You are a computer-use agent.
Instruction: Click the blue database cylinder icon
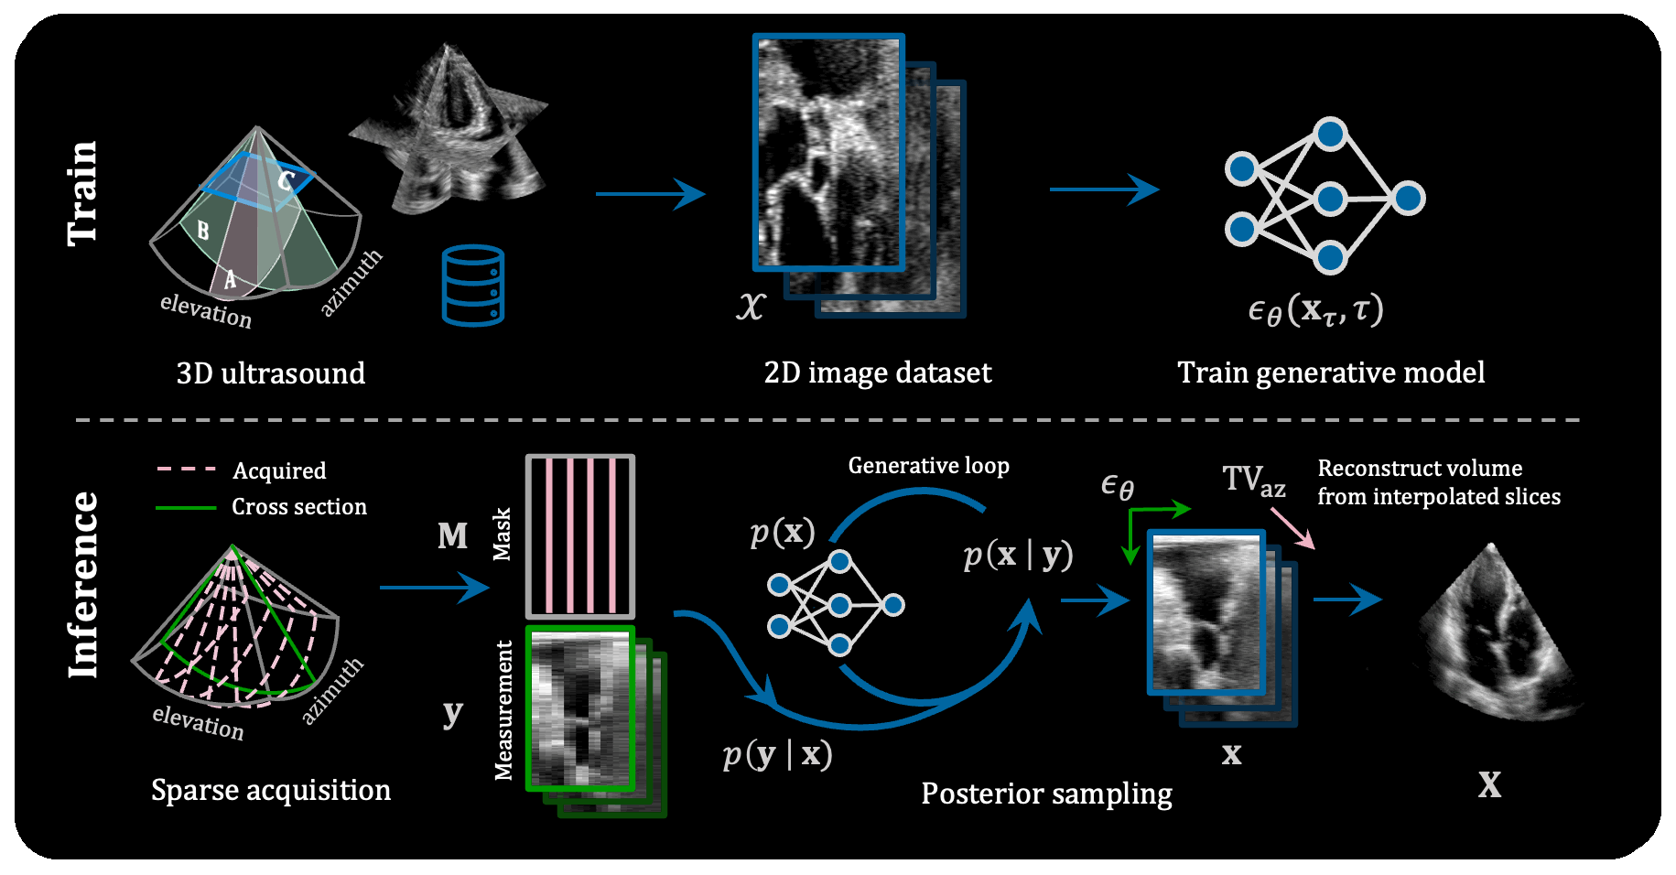(x=473, y=286)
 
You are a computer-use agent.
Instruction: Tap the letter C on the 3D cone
(x=286, y=180)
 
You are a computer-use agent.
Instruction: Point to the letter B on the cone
(x=202, y=230)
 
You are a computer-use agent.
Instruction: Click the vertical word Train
(x=82, y=193)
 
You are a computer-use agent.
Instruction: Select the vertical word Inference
(x=83, y=585)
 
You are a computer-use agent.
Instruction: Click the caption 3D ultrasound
(x=271, y=373)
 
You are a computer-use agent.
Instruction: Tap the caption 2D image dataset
(x=877, y=373)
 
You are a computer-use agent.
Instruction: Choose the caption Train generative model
(x=1331, y=373)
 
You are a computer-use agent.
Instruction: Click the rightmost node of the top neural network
(x=1408, y=198)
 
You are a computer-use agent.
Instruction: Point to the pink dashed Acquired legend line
(x=186, y=470)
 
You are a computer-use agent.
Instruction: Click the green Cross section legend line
(x=186, y=507)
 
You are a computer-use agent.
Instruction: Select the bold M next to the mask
(x=452, y=535)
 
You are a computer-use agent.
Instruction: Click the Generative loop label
(x=928, y=466)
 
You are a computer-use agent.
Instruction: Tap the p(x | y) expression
(x=1018, y=555)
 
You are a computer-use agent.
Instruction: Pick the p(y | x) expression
(x=777, y=754)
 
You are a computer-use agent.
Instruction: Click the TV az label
(x=1253, y=481)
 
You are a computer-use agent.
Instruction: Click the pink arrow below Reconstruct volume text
(x=1292, y=529)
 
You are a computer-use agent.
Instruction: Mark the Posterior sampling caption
(x=1046, y=794)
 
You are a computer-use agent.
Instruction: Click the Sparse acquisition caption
(x=271, y=790)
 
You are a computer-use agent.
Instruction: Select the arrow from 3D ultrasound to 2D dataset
(x=650, y=194)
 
